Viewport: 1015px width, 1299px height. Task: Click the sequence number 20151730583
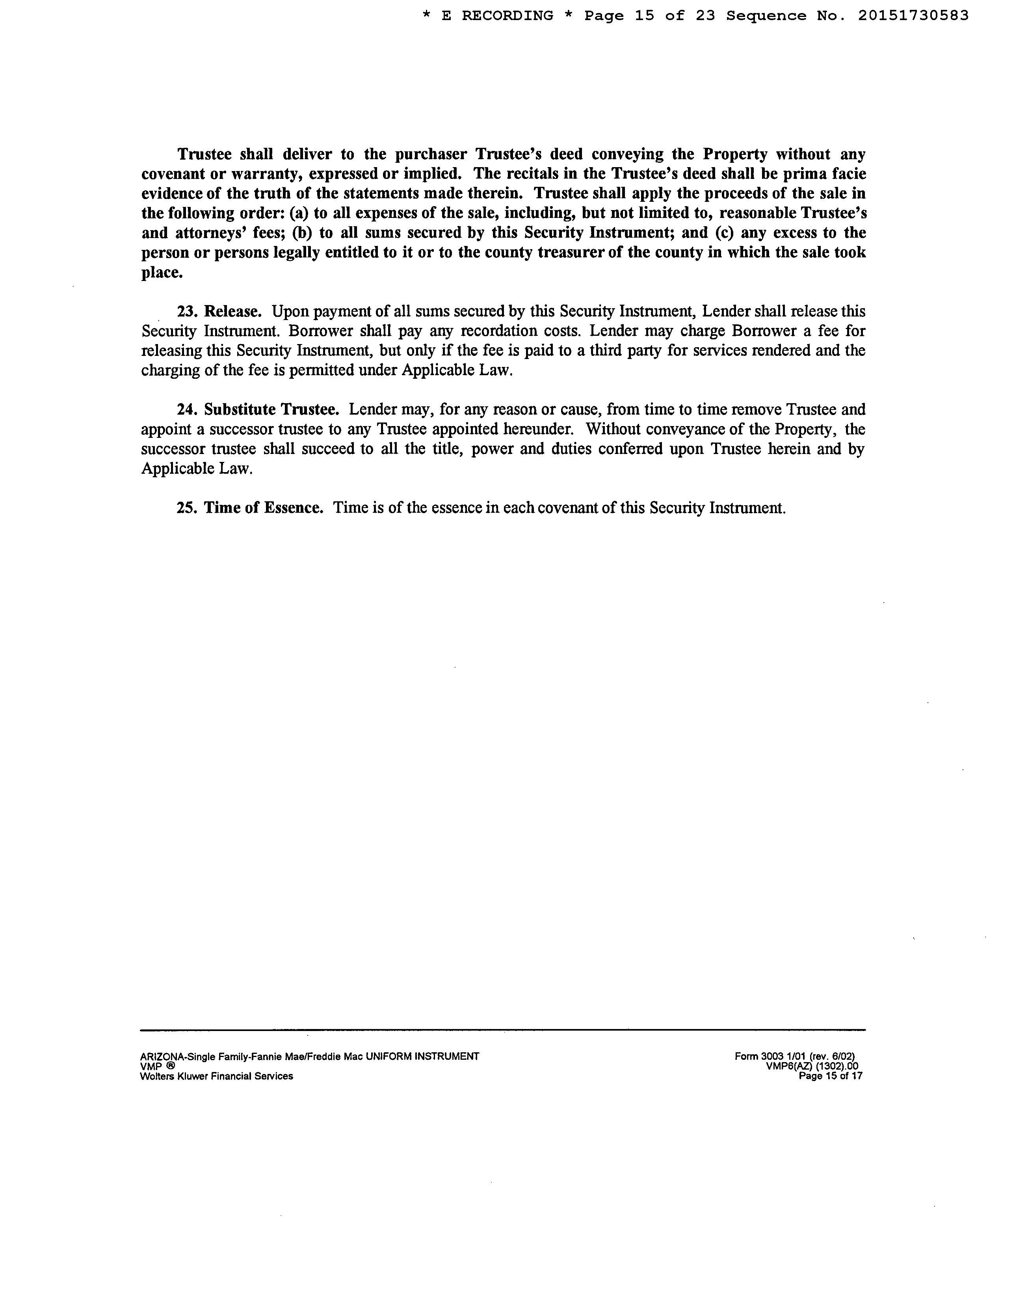click(x=913, y=16)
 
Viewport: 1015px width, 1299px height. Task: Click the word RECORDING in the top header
click(x=507, y=16)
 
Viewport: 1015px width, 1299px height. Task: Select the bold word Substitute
click(x=239, y=410)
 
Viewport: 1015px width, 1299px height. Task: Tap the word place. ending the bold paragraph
click(x=162, y=273)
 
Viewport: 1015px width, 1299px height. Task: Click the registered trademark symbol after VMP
click(x=170, y=1066)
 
